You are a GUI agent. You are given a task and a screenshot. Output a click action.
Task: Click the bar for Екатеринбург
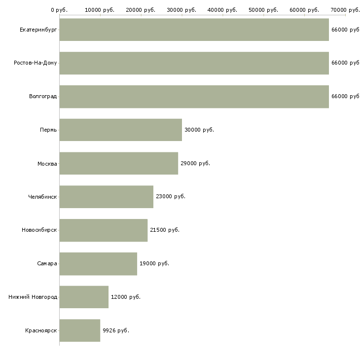tap(194, 30)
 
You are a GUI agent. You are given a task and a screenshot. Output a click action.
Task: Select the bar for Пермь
tap(120, 130)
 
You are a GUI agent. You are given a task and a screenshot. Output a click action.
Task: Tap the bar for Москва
tap(118, 163)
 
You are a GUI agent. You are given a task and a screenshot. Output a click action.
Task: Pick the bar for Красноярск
tap(79, 330)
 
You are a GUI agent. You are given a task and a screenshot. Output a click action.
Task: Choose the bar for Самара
tap(98, 263)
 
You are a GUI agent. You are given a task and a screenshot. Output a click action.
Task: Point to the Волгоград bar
tap(194, 96)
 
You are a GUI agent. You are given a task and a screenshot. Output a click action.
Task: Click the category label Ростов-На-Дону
tap(36, 63)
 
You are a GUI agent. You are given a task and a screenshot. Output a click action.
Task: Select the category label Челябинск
tap(42, 197)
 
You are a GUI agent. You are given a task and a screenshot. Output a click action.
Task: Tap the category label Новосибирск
tap(39, 230)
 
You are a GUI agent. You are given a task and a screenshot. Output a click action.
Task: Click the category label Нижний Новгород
tap(33, 297)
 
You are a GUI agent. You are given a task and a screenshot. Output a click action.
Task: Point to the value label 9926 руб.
tap(116, 330)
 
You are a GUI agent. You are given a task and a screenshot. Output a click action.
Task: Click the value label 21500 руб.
tap(165, 230)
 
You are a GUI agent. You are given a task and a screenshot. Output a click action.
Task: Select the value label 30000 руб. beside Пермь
tap(199, 130)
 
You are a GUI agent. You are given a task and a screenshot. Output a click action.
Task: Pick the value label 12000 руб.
tap(125, 297)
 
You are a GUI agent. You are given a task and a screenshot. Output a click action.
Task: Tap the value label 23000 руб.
tap(171, 196)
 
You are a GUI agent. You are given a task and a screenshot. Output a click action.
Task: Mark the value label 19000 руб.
tap(154, 263)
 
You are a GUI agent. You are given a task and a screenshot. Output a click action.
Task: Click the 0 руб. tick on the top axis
tap(59, 9)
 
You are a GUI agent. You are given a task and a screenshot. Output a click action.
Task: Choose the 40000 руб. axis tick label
tap(222, 9)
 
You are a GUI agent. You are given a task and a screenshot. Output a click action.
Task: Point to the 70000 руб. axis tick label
tap(345, 9)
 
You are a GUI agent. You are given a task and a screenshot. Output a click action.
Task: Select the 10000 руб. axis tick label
tap(100, 9)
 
